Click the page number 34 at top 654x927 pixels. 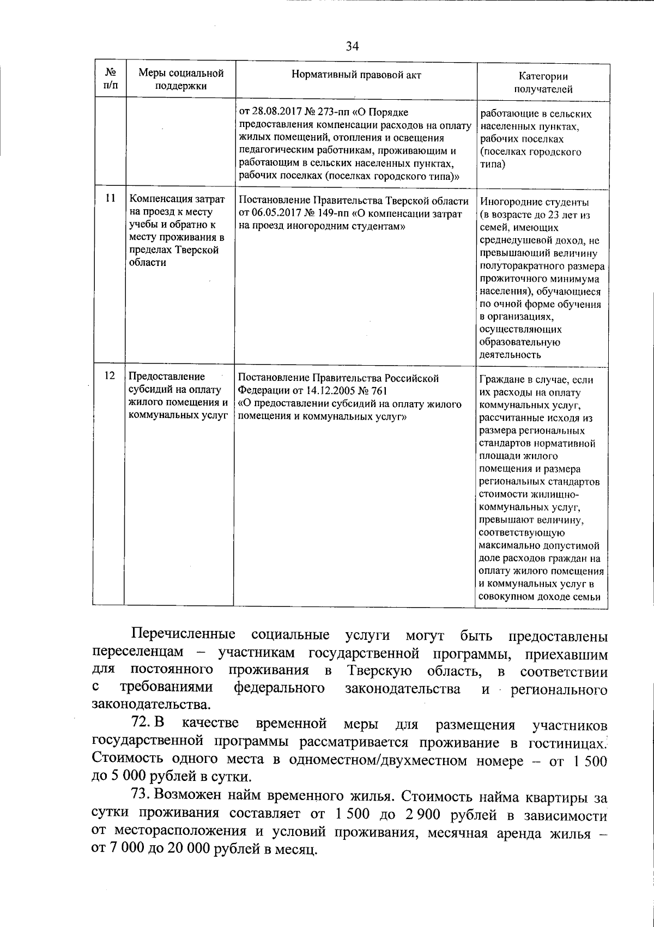pyautogui.click(x=352, y=46)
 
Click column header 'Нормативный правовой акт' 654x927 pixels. pyautogui.click(x=356, y=75)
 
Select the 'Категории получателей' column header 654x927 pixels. pyautogui.click(x=543, y=83)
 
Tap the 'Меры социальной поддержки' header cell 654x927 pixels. pyautogui.click(x=180, y=79)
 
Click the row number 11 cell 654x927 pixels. pyautogui.click(x=109, y=199)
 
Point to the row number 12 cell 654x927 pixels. pyautogui.click(x=109, y=376)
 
